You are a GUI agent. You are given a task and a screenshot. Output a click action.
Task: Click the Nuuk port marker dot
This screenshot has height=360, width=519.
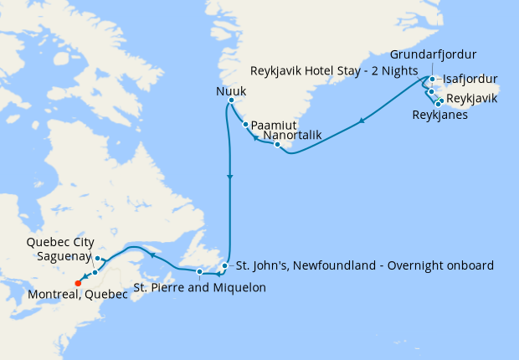coord(230,100)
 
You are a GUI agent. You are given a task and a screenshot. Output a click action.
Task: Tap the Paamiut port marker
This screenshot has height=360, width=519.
coord(245,125)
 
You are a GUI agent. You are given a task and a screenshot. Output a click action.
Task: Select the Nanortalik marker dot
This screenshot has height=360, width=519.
coord(277,144)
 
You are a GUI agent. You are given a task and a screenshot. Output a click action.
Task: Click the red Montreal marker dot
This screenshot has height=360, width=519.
coord(77,282)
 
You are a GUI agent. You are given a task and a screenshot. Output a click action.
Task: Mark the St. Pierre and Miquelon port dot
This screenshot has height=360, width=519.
coord(199,272)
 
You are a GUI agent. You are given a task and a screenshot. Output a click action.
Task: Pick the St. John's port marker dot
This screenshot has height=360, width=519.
coord(224,266)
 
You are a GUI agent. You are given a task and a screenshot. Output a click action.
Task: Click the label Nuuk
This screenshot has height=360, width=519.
coord(230,89)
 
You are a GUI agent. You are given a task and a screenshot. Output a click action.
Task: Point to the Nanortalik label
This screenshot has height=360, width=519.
coord(293,135)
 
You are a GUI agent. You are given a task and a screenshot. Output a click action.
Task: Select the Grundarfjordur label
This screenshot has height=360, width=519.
coord(432,55)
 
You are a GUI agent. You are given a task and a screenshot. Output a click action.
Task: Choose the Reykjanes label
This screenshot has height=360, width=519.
coord(440,116)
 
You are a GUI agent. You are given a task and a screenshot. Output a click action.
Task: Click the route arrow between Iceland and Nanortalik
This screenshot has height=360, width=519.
coord(361,122)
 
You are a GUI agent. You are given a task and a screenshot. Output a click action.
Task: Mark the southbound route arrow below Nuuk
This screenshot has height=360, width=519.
coord(229,177)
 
